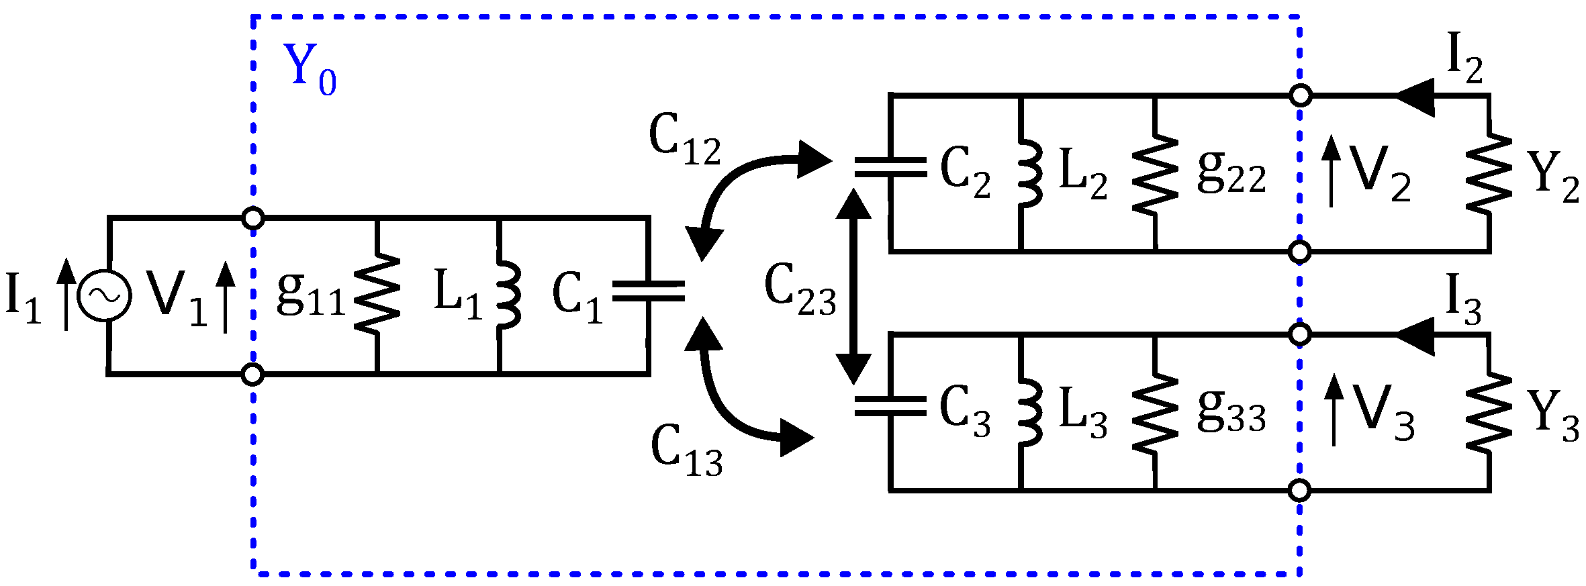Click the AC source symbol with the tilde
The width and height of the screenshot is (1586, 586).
point(104,295)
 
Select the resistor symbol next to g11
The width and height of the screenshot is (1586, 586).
point(377,293)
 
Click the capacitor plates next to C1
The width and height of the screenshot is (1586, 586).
point(648,291)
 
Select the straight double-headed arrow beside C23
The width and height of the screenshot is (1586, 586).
point(853,287)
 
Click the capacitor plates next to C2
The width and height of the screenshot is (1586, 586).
point(891,168)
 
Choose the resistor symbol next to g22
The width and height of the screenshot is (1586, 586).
point(1155,175)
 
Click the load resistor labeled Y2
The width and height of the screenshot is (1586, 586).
point(1489,173)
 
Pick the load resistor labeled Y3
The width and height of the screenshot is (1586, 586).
point(1489,413)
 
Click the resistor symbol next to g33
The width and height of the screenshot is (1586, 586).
point(1155,413)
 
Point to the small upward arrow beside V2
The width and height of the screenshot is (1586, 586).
point(1331,171)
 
